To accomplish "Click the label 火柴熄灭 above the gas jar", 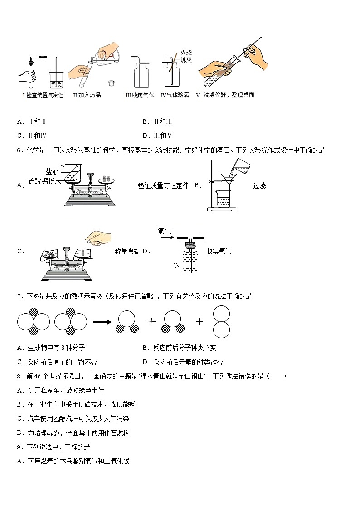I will pyautogui.click(x=186, y=56).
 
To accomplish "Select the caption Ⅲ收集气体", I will pyautogui.click(x=140, y=95).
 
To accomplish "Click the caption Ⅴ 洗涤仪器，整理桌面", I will pyautogui.click(x=225, y=95).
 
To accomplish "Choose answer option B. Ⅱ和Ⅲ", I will pyautogui.click(x=157, y=121).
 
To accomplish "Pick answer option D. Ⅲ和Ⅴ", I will pyautogui.click(x=157, y=135).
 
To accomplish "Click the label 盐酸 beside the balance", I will pyautogui.click(x=52, y=171).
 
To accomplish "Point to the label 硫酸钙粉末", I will pyautogui.click(x=44, y=180).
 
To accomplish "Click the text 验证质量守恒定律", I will pyautogui.click(x=163, y=185).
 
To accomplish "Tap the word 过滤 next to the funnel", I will pyautogui.click(x=259, y=185).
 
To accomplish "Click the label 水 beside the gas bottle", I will pyautogui.click(x=175, y=265).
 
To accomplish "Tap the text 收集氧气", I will pyautogui.click(x=219, y=251).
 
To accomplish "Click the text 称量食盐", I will pyautogui.click(x=127, y=251).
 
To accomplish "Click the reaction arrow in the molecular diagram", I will pyautogui.click(x=102, y=322).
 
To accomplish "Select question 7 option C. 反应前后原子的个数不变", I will pyautogui.click(x=57, y=362).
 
